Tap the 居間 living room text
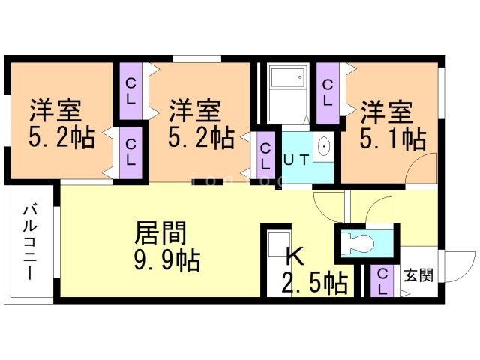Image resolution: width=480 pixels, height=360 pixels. (160, 234)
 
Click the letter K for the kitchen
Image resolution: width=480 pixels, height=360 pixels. (295, 256)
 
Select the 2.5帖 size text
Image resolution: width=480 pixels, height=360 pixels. (313, 283)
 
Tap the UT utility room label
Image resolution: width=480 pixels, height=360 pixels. (294, 158)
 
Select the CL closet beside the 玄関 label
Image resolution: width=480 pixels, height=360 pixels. (382, 281)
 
